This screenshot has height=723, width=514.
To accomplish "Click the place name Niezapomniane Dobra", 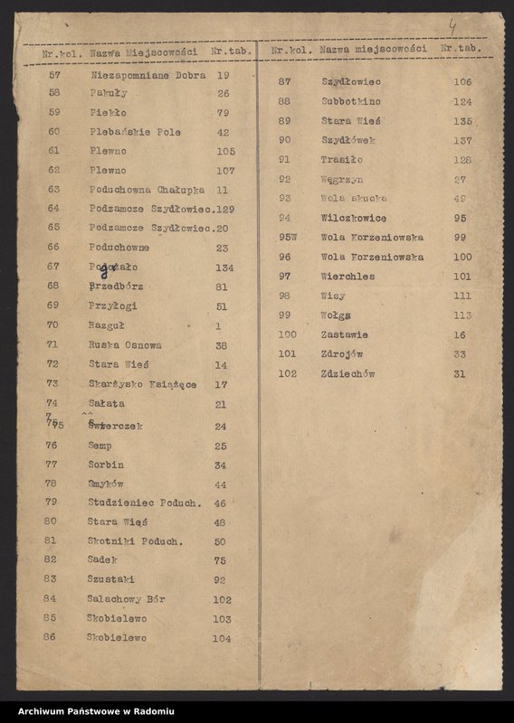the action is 148,75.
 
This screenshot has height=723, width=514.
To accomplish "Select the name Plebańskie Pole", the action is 135,131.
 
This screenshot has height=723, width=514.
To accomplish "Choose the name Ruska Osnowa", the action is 125,344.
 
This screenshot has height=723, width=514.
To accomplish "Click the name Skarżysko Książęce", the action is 142,384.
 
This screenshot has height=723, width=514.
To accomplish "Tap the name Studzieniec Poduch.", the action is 144,502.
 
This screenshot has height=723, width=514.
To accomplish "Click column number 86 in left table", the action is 50,637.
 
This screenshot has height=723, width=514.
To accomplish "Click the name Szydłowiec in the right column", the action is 351,81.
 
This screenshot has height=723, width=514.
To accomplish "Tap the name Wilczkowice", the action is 353,218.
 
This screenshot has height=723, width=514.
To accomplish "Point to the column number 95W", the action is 287,237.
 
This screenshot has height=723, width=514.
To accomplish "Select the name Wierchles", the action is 347,276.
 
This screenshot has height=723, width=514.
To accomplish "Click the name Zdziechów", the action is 347,373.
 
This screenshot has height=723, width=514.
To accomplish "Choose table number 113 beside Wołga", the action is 462,315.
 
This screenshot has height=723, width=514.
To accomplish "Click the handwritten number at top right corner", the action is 452,29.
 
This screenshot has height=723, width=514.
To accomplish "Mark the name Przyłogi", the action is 113,305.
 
